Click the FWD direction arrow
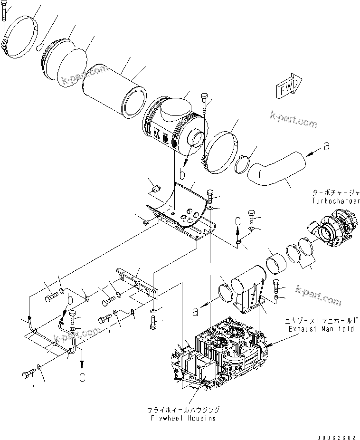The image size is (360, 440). (x=287, y=87)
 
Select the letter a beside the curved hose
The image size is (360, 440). (x=326, y=147)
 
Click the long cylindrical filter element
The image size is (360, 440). (x=113, y=93)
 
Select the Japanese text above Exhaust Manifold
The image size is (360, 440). (x=322, y=321)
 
